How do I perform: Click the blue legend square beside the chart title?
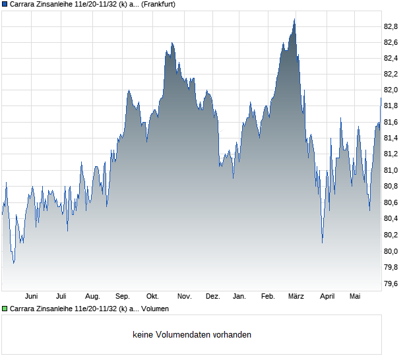5,4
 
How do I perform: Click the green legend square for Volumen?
5,309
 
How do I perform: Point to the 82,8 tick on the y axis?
391,26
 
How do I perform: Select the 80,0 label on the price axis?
391,251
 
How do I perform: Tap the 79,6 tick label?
391,284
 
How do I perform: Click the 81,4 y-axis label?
391,138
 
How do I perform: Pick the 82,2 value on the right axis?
391,75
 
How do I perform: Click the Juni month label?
31,296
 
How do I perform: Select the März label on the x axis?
296,296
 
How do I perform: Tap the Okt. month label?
152,296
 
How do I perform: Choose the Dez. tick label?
213,296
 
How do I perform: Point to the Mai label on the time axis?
355,296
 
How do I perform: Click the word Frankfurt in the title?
158,4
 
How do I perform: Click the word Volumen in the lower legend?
155,309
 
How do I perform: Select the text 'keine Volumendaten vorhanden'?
192,334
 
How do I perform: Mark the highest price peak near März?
294,19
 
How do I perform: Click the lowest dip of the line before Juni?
14,263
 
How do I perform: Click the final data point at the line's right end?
381,98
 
